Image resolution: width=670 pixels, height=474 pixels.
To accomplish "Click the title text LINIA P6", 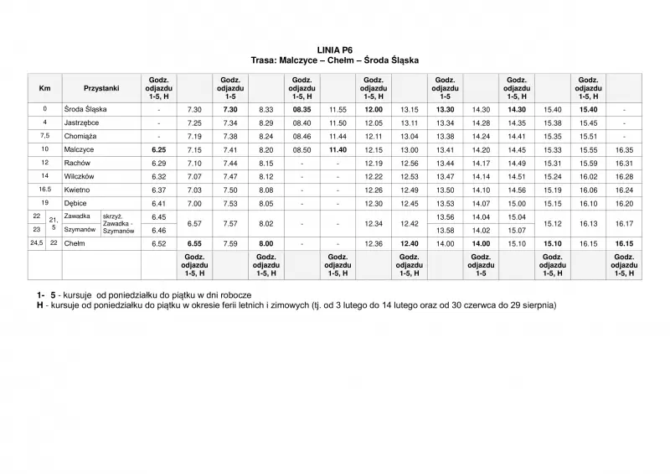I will [x=334, y=50].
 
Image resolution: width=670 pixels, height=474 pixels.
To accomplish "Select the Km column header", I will [x=44, y=88].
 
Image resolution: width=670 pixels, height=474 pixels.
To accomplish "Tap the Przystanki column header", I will [x=102, y=88].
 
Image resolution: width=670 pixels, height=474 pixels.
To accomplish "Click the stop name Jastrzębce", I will [x=83, y=122].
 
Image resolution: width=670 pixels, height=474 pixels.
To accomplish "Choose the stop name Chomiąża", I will [x=80, y=135].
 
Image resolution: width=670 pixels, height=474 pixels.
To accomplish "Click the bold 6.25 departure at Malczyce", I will [x=159, y=149].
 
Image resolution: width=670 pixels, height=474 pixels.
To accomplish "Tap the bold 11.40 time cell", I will [x=338, y=149].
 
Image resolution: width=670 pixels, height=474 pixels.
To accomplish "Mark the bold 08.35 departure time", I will [x=301, y=109].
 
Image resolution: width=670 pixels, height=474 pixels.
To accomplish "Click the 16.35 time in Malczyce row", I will [x=624, y=149].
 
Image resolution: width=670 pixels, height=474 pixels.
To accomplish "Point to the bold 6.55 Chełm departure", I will [x=195, y=243].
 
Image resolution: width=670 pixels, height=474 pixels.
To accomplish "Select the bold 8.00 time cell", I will [x=266, y=243].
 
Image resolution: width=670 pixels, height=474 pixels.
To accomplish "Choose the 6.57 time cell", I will [x=195, y=224].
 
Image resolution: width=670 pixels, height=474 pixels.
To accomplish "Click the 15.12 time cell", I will [x=553, y=224].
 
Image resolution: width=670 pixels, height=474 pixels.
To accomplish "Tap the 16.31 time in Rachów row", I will [x=624, y=163].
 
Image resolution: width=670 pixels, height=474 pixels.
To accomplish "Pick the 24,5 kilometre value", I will [x=37, y=243].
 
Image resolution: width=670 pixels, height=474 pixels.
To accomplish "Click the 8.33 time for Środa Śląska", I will [x=266, y=109].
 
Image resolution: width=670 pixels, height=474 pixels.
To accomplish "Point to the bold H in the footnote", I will [x=40, y=306].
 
